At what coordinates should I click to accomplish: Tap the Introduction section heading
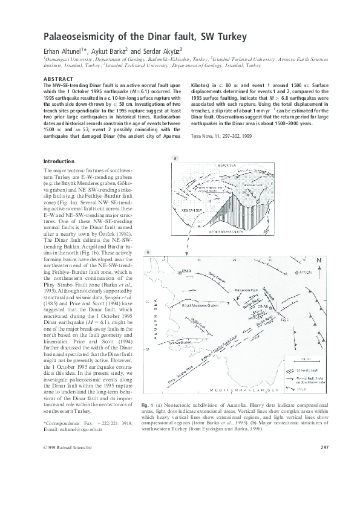(59, 162)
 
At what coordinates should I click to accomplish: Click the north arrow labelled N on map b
(319, 244)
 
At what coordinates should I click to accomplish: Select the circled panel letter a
(175, 158)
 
